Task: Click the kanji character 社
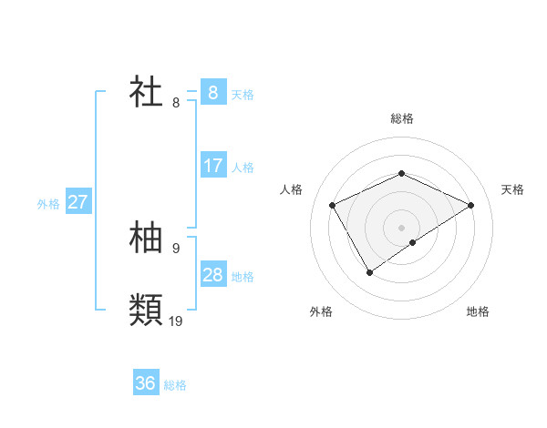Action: click(147, 92)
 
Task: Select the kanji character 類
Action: click(147, 310)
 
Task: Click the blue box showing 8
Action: click(212, 92)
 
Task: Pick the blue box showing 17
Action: click(212, 166)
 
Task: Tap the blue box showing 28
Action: click(212, 275)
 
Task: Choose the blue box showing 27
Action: click(77, 202)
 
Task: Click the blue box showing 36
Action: click(145, 383)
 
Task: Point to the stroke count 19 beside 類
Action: click(176, 321)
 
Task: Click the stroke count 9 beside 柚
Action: click(176, 248)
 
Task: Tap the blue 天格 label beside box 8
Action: click(243, 95)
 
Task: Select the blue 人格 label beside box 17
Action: click(243, 168)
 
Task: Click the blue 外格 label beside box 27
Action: click(48, 204)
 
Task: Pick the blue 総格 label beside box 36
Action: click(175, 385)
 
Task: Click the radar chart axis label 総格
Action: click(401, 118)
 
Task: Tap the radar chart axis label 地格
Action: click(478, 311)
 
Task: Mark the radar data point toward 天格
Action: click(470, 205)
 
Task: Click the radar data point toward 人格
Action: click(332, 205)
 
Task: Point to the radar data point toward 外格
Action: click(369, 271)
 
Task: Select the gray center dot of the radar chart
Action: click(401, 227)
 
